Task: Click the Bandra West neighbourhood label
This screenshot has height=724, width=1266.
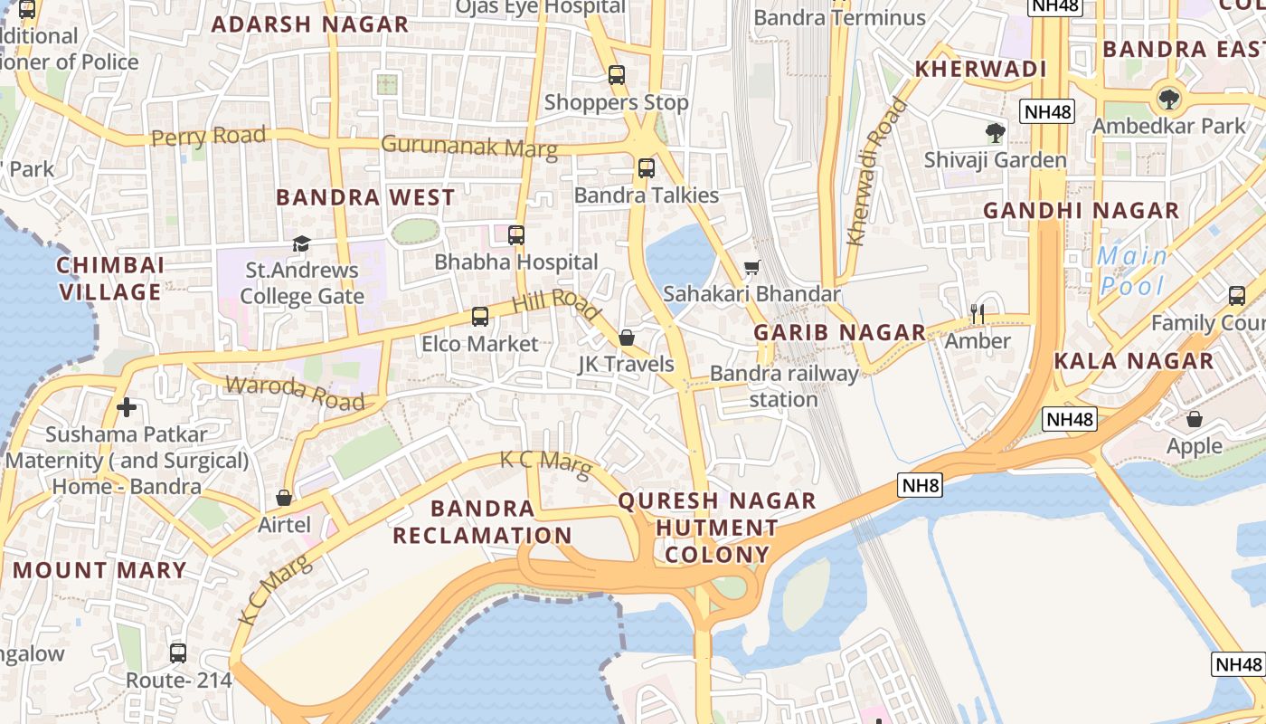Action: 365,197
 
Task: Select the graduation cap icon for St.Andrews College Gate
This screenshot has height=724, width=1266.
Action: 301,243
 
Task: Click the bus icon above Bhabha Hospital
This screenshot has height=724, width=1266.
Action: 516,235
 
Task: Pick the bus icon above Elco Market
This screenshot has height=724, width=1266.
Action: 480,317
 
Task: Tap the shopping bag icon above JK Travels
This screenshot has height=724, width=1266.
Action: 627,338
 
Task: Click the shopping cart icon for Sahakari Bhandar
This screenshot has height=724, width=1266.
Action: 751,267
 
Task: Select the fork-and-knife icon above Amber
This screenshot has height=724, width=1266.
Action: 977,314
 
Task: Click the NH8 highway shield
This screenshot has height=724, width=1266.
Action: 921,486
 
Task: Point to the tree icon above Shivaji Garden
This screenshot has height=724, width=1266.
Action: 996,133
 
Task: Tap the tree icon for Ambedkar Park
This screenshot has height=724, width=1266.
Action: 1169,98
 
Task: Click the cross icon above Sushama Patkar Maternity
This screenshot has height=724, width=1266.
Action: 127,407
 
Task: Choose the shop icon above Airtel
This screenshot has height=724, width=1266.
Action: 284,498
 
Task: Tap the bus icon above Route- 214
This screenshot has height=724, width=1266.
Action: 178,653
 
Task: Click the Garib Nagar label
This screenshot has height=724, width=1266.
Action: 840,332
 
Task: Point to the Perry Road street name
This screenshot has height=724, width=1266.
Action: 209,137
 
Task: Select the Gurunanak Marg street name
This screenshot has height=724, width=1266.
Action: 468,146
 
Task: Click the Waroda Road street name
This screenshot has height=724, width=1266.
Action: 295,393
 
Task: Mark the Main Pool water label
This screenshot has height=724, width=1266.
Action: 1132,271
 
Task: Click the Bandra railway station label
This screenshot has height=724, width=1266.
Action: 784,386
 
